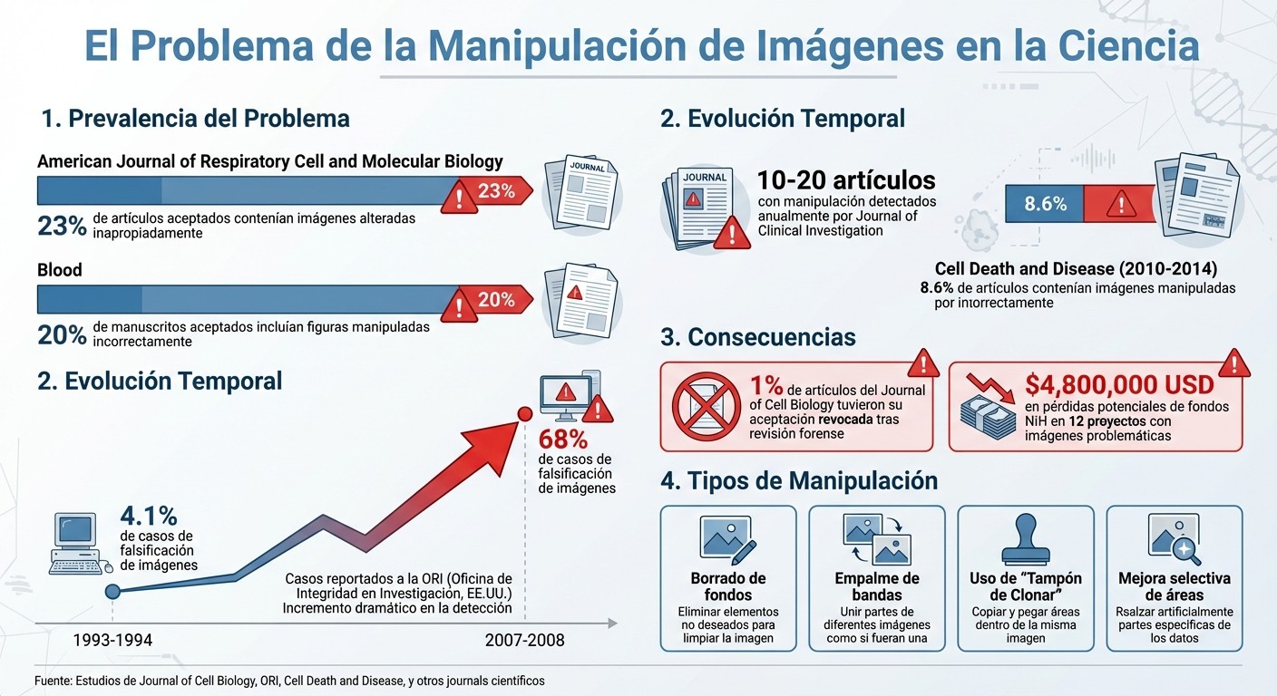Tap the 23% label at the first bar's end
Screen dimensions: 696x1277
496,191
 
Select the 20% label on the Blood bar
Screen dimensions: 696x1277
496,300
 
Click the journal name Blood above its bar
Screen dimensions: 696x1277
60,270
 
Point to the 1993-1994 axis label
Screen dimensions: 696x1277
112,641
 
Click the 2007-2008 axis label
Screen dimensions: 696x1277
524,641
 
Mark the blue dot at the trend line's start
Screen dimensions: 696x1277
112,592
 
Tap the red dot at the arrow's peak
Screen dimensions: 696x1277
523,414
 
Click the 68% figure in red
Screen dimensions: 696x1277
563,440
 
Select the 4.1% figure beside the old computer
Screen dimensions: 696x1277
149,516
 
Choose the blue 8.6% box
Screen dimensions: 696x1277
1045,205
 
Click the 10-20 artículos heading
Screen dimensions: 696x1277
846,179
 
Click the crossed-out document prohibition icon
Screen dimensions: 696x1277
707,406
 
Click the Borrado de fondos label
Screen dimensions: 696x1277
728,586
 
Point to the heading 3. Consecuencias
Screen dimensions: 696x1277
757,337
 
